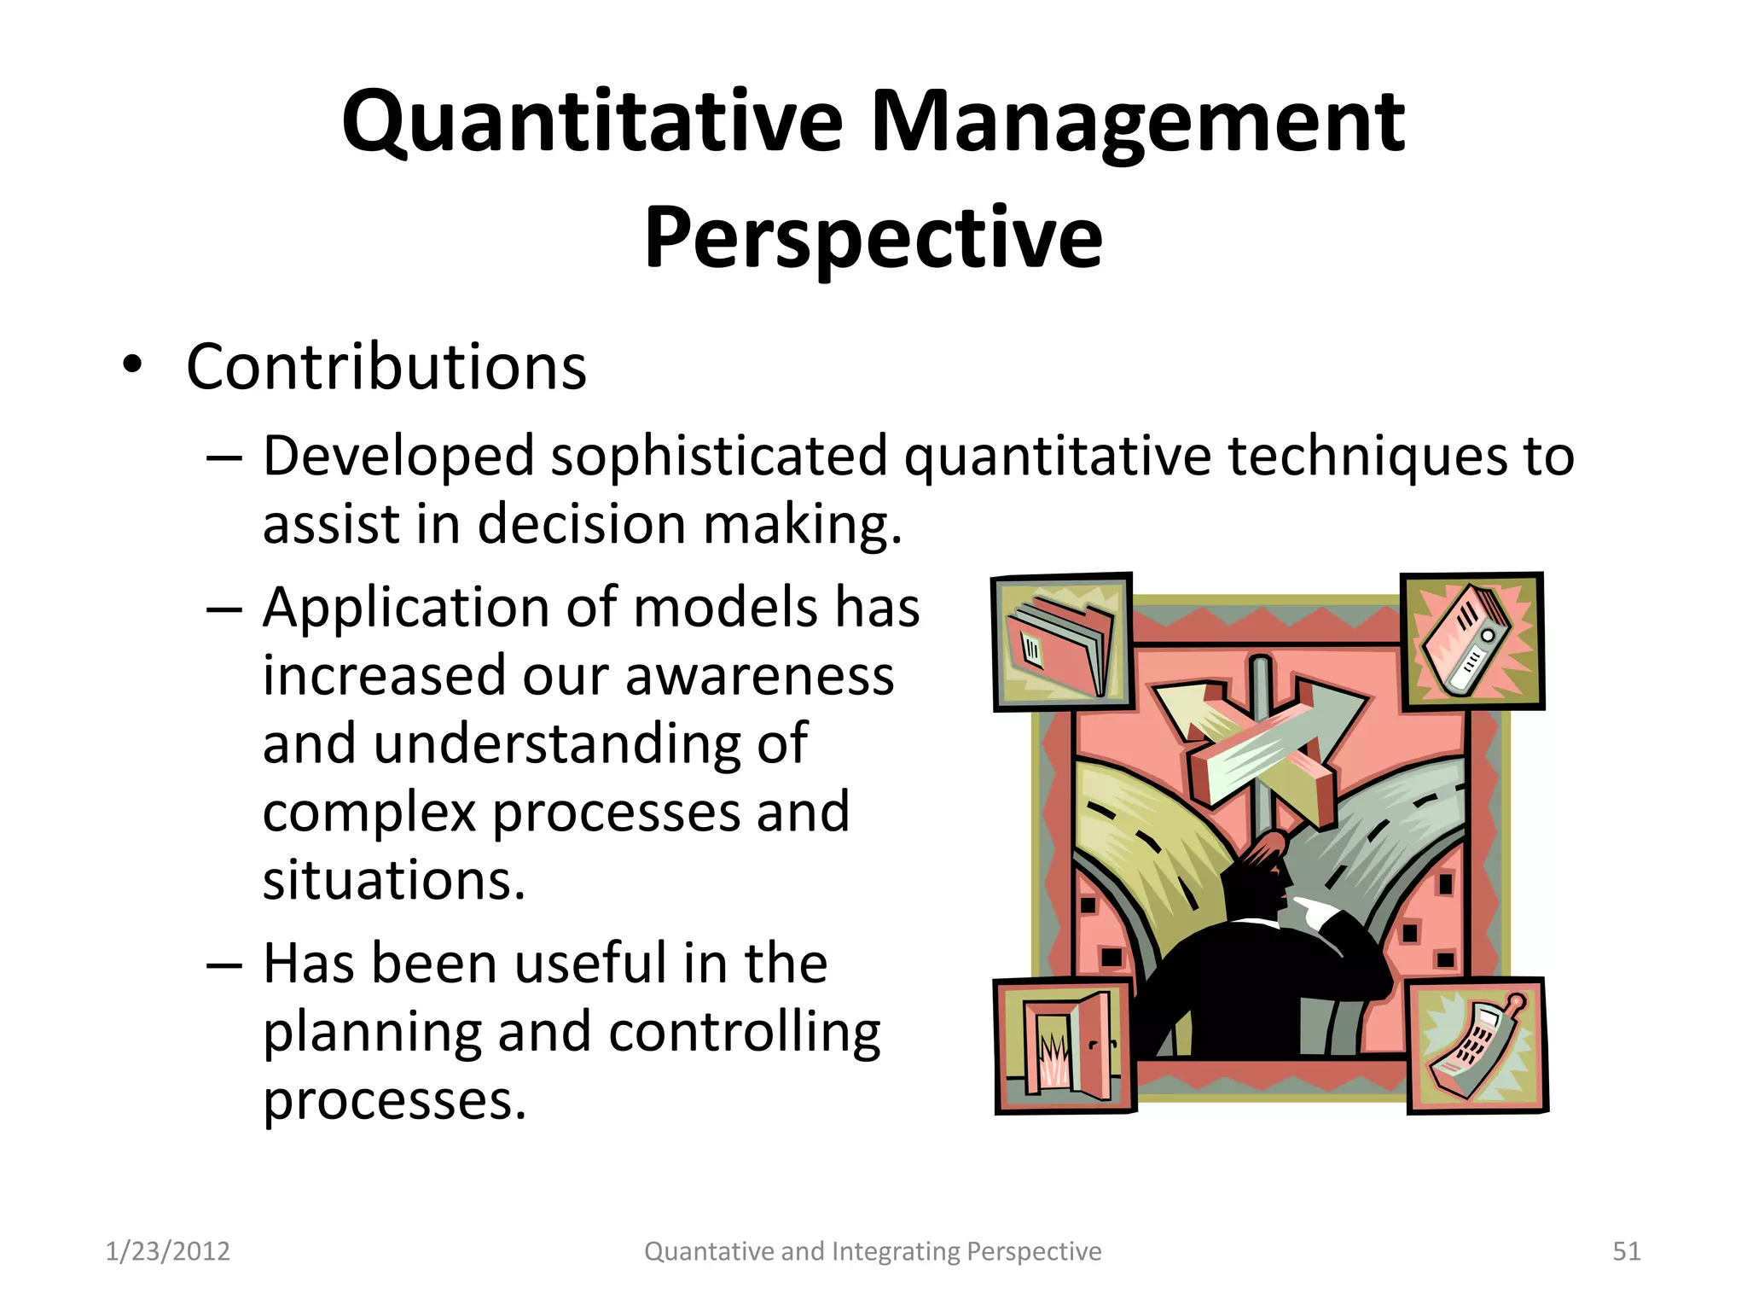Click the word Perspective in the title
point(873,238)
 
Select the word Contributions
point(386,367)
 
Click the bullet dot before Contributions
point(131,365)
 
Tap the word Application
point(406,609)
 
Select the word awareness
point(759,676)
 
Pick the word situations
point(393,880)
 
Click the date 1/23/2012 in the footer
point(167,1251)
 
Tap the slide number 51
point(1626,1251)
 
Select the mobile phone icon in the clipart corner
point(1476,1046)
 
